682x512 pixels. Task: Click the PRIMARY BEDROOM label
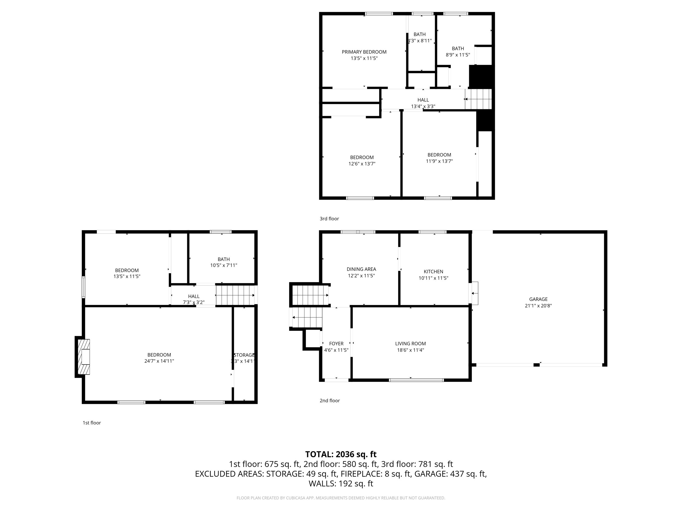click(364, 52)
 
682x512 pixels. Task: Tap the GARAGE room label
click(538, 299)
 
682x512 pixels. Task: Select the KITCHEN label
click(433, 272)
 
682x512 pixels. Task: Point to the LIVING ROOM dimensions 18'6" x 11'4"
click(410, 350)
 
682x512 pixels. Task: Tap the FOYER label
click(336, 344)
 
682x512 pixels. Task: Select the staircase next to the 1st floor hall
click(235, 295)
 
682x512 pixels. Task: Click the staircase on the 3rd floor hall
click(478, 99)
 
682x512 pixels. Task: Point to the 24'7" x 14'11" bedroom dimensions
click(159, 361)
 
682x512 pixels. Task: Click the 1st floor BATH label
click(223, 259)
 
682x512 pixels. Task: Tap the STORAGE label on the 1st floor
click(244, 355)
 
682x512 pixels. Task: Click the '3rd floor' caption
click(329, 218)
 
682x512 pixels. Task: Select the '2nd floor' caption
click(329, 401)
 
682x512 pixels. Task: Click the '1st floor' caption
click(92, 423)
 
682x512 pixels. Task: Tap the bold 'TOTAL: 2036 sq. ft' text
click(341, 454)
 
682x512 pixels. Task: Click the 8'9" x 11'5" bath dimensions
click(457, 55)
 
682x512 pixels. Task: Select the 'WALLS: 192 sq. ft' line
click(341, 483)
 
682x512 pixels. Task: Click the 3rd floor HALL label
click(423, 100)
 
